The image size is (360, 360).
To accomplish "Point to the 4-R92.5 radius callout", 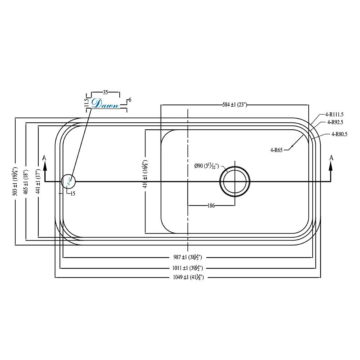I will point(335,122).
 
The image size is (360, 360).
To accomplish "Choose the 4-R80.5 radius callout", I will point(339,135).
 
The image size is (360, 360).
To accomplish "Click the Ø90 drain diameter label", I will point(206,166).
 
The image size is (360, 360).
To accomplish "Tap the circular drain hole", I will point(235,181).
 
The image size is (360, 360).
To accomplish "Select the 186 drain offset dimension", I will point(211,206).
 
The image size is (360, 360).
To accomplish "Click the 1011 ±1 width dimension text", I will point(188,268).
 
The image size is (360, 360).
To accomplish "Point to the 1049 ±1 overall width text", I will point(188,277).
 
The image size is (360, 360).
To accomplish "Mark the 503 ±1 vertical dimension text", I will point(16,181).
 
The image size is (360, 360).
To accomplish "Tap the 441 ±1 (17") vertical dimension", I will point(38,181).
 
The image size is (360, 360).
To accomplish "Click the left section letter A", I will point(45,157).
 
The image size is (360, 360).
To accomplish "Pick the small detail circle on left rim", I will point(68,181).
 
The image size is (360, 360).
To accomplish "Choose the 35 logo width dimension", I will point(105,92).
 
